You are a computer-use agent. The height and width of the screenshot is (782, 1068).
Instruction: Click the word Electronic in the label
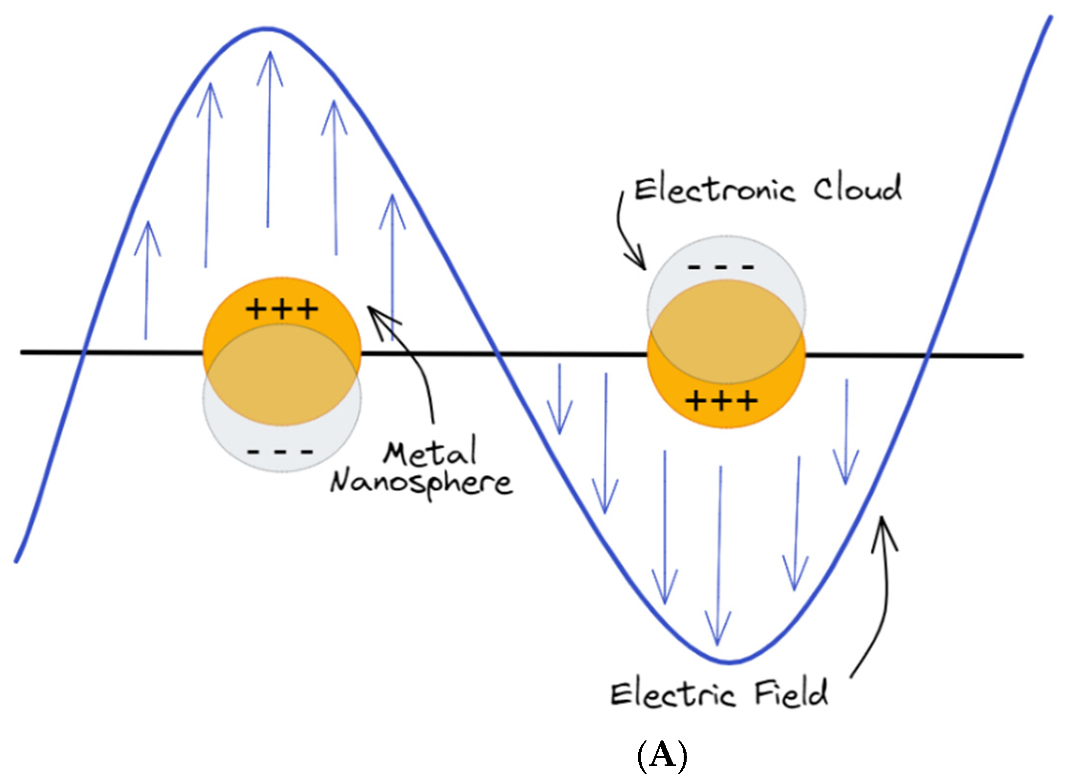[x=714, y=190]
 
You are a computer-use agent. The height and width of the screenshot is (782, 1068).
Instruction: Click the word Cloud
[x=857, y=188]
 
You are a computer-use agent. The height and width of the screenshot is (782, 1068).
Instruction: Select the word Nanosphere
[x=421, y=483]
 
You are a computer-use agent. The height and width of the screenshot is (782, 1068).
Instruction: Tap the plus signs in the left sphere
[x=282, y=309]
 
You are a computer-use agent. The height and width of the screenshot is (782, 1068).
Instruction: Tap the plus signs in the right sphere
[x=721, y=401]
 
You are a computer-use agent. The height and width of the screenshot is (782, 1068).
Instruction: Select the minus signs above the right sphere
[x=721, y=267]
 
